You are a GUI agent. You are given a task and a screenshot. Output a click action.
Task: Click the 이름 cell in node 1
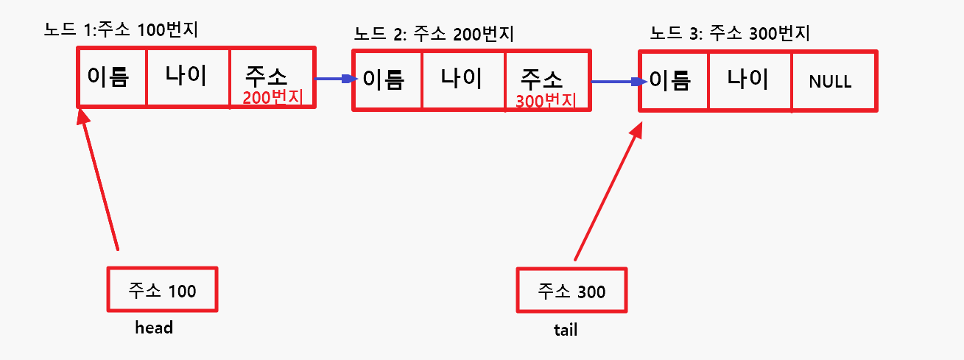[111, 77]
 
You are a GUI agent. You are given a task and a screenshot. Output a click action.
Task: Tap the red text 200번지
[272, 97]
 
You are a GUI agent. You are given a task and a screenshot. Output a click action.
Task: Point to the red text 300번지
[546, 101]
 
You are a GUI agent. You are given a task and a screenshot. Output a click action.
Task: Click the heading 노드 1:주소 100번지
[122, 31]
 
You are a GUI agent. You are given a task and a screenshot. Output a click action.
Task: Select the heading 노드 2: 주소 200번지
[434, 34]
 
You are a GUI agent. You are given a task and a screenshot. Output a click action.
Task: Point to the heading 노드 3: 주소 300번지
[730, 34]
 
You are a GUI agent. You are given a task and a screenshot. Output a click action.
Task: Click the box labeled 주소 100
[162, 290]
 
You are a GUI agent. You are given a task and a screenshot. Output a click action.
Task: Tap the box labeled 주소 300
[571, 292]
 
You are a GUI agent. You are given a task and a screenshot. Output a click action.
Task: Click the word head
[154, 328]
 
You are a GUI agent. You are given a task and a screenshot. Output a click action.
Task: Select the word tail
[566, 330]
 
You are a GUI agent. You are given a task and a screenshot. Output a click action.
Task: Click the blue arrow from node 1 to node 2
[335, 79]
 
